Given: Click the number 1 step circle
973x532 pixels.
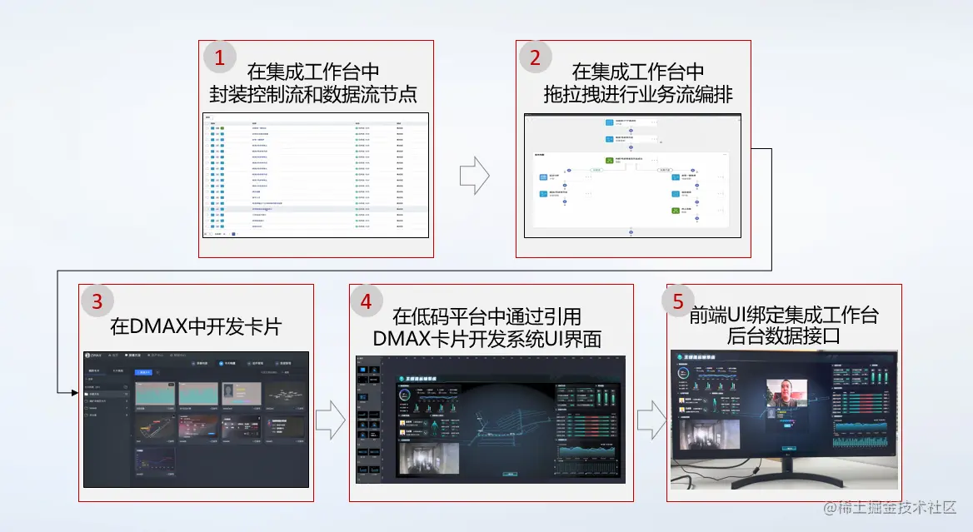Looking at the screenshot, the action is click(x=220, y=57).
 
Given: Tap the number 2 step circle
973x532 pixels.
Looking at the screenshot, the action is click(x=535, y=57).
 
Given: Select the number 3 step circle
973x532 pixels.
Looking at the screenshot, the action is click(x=97, y=301).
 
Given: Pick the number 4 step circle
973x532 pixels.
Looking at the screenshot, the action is click(x=366, y=301).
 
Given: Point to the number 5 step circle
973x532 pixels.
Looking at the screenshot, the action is click(x=678, y=301).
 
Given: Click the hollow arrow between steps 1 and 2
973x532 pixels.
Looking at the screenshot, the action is click(x=474, y=176).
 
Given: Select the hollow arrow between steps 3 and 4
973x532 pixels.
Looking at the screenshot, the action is click(x=330, y=419).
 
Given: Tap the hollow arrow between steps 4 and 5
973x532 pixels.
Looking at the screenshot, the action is click(x=651, y=419).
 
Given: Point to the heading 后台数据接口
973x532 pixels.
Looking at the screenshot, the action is click(x=783, y=336).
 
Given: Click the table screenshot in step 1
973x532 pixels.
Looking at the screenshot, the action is click(x=316, y=176).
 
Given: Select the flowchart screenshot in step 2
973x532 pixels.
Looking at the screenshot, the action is click(x=631, y=176).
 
